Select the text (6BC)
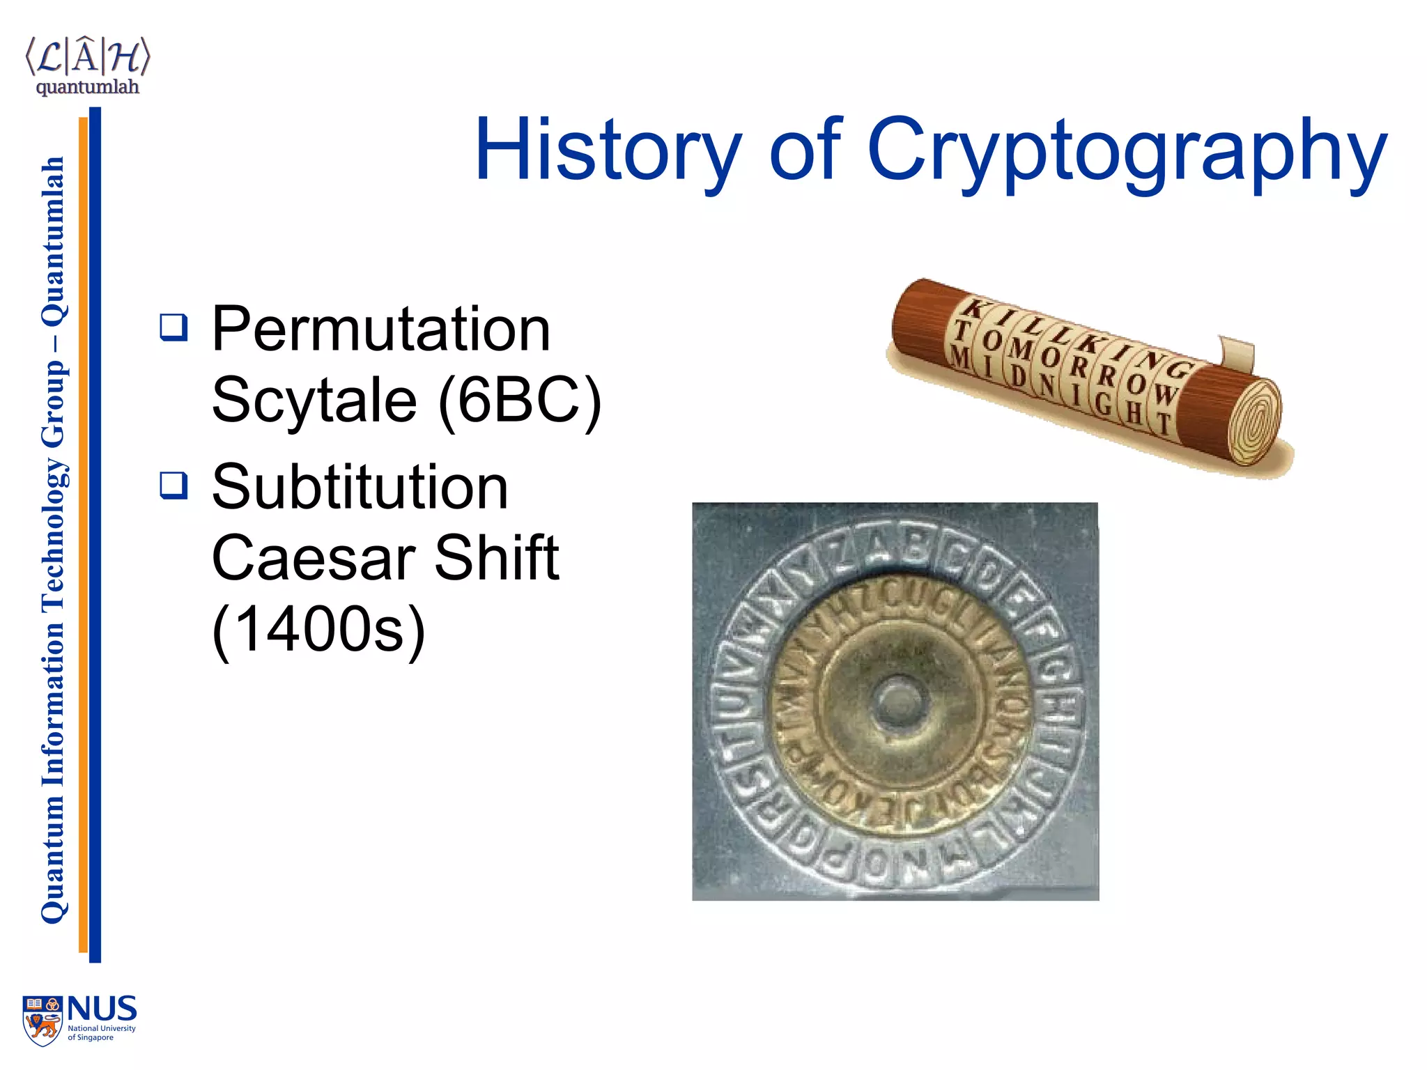pos(520,400)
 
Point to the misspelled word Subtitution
pos(360,487)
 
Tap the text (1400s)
pos(318,629)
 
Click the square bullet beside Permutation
pos(173,327)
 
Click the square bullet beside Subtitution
pos(173,485)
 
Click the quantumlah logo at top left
pos(87,66)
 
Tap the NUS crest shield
pos(42,1021)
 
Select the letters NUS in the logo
pos(102,1009)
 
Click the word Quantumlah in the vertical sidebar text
pos(53,241)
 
